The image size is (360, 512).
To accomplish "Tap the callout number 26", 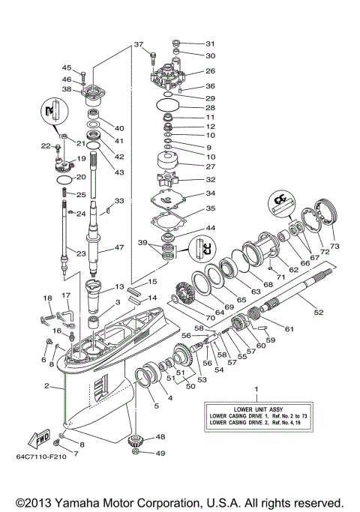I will (x=210, y=72).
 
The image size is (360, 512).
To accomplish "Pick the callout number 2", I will (x=47, y=387).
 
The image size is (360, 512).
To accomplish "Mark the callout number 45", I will (x=67, y=67).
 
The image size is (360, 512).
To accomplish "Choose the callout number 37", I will (x=139, y=44).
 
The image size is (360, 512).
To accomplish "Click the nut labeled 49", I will (x=136, y=453).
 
